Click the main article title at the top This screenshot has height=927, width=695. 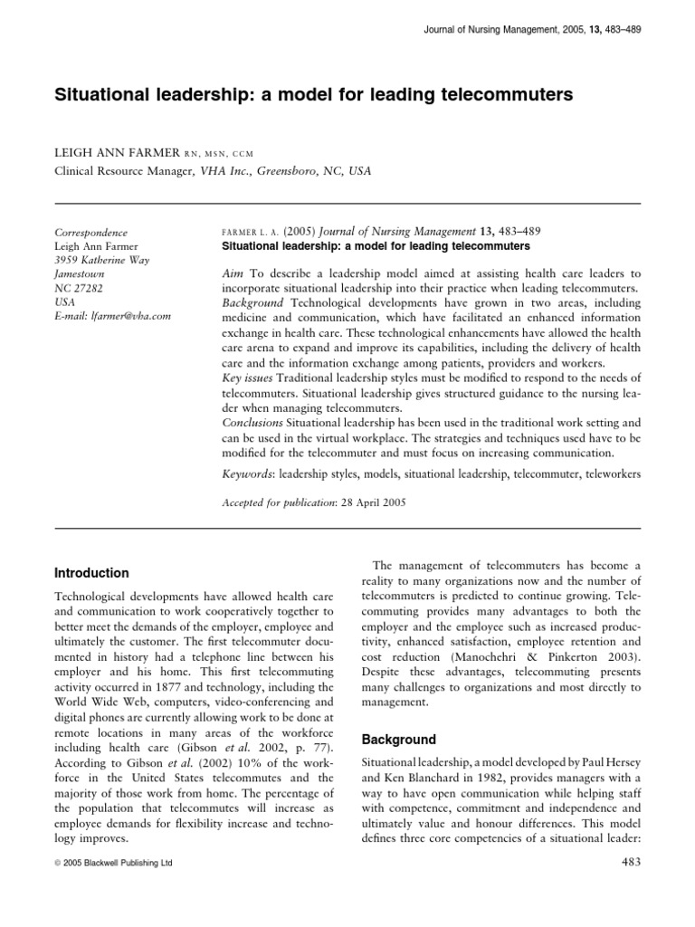click(314, 93)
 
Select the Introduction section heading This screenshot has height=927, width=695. click(91, 573)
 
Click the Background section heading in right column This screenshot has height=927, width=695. click(398, 740)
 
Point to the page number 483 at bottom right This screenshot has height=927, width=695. click(626, 862)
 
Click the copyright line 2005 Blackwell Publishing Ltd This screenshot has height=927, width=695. click(114, 863)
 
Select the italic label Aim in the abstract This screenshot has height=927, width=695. click(232, 272)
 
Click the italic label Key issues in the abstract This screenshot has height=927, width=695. click(247, 376)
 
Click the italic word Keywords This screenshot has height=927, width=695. click(248, 473)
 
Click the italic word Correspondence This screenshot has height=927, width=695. click(91, 232)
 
